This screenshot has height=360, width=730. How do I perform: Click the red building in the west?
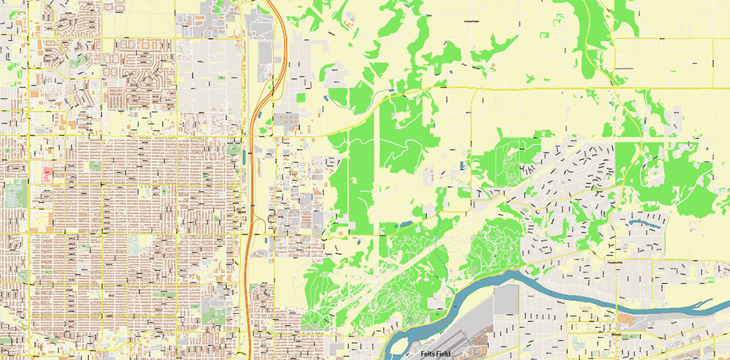coord(47,174)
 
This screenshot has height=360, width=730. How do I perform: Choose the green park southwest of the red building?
coord(16,194)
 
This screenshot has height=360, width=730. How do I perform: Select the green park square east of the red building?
coord(94,166)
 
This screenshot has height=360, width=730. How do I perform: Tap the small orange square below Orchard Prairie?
coord(493,66)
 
